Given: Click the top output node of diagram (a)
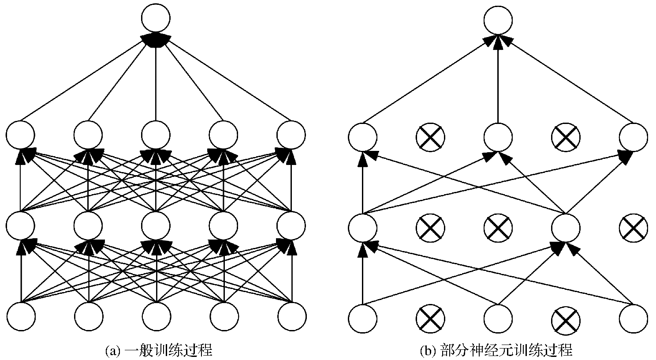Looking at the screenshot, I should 156,18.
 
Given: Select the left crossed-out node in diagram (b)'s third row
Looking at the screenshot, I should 430,136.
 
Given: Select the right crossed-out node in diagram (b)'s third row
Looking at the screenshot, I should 566,136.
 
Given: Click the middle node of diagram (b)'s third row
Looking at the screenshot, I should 498,136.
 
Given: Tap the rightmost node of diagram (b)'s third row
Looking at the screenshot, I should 634,136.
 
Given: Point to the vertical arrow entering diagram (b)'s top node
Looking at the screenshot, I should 498,79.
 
